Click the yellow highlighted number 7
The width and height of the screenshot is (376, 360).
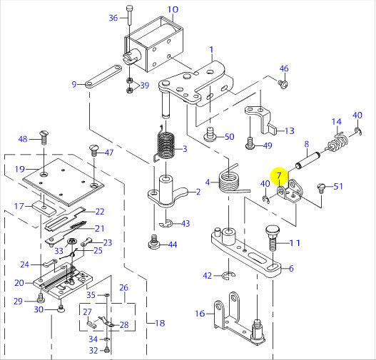click(279, 175)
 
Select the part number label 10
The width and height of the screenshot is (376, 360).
click(173, 10)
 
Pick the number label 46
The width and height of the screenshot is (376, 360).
click(283, 68)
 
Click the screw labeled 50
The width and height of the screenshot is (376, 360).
click(210, 133)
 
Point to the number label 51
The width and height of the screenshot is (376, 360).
click(338, 187)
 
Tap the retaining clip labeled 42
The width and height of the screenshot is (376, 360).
click(228, 274)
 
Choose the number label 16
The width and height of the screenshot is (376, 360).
click(200, 312)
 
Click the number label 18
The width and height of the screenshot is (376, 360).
click(159, 323)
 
